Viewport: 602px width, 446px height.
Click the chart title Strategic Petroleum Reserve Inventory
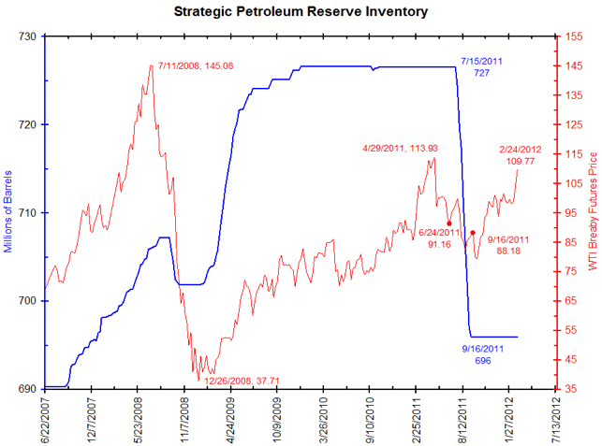coord(301,12)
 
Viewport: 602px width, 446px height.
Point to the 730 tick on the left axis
coord(28,36)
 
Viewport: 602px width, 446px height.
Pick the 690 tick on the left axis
coord(28,388)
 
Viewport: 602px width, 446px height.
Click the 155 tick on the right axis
coord(573,36)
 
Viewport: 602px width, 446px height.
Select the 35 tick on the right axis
coord(570,388)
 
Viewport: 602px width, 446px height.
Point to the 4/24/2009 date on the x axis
coord(230,417)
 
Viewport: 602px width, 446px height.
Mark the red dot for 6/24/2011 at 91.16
coord(449,223)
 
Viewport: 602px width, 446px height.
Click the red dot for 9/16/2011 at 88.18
coord(473,232)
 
